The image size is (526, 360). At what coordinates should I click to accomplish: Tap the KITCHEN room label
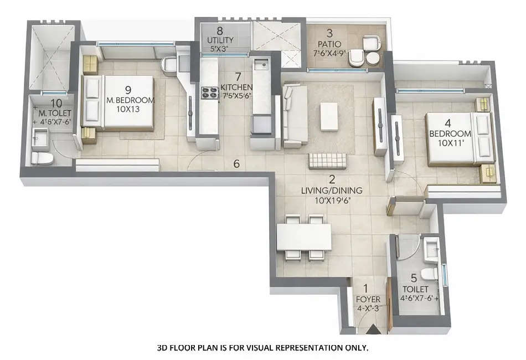coord(236,88)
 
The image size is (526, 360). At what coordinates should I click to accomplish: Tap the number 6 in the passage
coord(236,163)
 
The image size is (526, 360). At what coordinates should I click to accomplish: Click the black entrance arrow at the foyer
coord(371,330)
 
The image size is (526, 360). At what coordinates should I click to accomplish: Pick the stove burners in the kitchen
coord(209,92)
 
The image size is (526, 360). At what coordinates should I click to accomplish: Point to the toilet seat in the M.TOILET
coord(42,158)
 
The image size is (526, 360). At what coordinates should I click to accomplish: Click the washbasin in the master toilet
coord(40,136)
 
